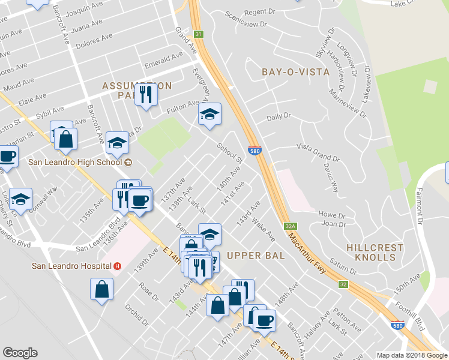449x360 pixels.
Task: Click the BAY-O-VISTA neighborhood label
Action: click(x=296, y=72)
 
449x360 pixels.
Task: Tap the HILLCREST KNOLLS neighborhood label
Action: click(x=370, y=252)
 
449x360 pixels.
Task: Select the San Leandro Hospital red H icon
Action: click(x=117, y=266)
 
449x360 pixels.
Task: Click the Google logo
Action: click(x=20, y=353)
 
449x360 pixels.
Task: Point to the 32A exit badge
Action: click(x=291, y=227)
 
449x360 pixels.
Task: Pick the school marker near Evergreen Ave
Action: click(x=209, y=114)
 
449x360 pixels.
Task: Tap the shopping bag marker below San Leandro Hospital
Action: click(x=101, y=290)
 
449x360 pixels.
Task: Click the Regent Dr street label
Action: click(x=260, y=12)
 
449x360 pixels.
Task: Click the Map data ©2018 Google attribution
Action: click(x=411, y=355)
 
